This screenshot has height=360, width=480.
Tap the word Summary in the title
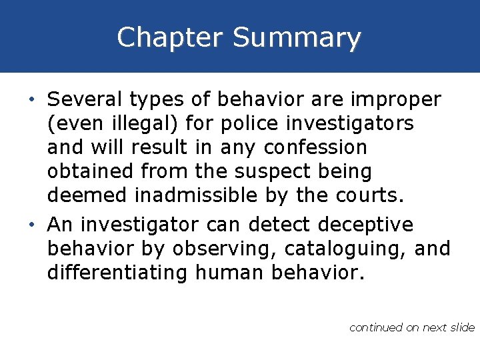pos(297,39)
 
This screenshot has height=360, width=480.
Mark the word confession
pos(315,147)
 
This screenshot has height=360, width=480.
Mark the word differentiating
pos(118,273)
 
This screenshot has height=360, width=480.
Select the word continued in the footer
pos(376,327)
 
